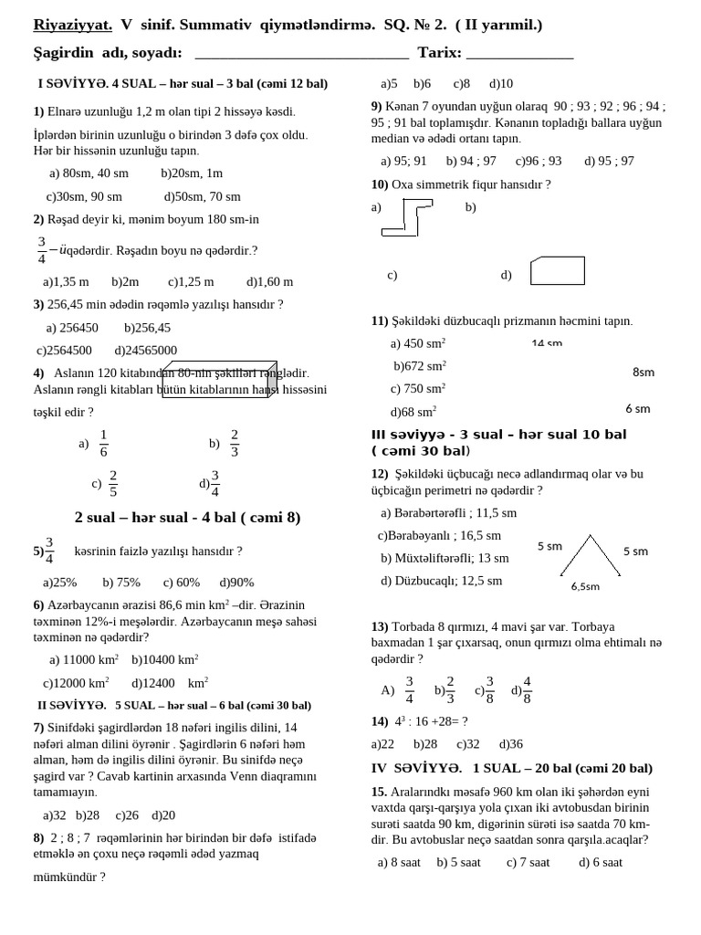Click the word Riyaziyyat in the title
[x=72, y=25]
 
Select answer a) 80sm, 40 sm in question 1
[x=89, y=173]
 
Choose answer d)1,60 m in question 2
[x=269, y=282]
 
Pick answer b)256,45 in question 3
[x=147, y=328]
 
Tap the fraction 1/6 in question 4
[x=103, y=443]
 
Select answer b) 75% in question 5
[x=121, y=583]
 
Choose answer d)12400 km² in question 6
[x=170, y=683]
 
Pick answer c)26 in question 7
[x=127, y=815]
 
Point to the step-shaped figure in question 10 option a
[x=407, y=217]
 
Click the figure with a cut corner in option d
[x=557, y=271]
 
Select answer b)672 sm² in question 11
[x=420, y=366]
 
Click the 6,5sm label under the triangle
[x=585, y=586]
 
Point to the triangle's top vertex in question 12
[x=591, y=537]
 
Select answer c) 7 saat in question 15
[x=528, y=862]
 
